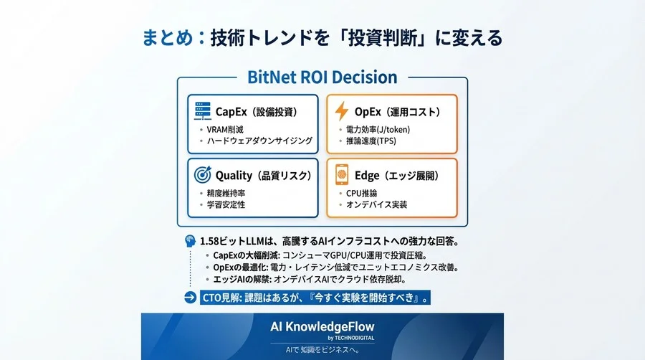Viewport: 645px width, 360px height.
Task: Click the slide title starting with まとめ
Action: tap(322, 38)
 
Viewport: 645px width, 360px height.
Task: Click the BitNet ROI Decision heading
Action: tap(322, 77)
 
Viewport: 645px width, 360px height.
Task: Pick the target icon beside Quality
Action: tap(203, 175)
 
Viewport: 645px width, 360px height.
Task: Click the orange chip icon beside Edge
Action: tap(342, 175)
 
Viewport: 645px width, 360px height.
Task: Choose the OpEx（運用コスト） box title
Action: tap(397, 112)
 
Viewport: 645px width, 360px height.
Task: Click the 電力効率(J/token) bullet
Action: tap(376, 129)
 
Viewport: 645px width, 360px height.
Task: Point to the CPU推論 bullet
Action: tap(361, 193)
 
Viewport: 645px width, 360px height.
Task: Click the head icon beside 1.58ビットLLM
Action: tap(190, 241)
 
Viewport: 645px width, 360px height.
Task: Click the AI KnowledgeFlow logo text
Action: tap(322, 326)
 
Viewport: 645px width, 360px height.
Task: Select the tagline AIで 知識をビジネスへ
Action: tap(322, 351)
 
